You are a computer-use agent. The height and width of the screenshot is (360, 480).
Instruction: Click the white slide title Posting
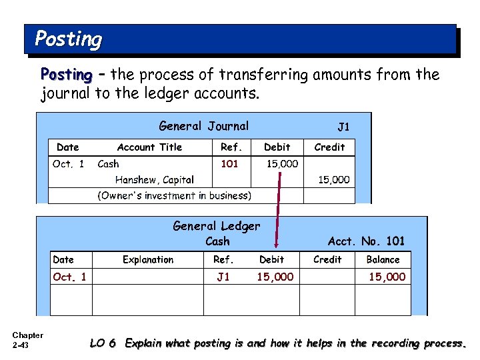[x=68, y=39]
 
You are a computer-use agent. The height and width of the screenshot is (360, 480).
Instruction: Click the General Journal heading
[x=203, y=126]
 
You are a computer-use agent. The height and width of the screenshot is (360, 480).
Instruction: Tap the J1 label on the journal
[x=343, y=127]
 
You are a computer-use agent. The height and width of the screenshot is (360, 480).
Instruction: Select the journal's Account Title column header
[x=149, y=147]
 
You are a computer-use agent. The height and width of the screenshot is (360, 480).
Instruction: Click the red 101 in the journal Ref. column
[x=229, y=163]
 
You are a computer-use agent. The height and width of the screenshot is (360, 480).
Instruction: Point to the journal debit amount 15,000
[x=282, y=163]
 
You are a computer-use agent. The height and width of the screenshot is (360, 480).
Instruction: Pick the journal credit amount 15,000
[x=333, y=179]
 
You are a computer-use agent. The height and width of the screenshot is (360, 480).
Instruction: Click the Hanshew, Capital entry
[x=154, y=179]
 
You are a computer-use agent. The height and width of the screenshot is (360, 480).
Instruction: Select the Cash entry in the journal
[x=108, y=163]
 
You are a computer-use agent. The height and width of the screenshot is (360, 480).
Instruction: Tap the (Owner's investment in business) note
[x=175, y=195]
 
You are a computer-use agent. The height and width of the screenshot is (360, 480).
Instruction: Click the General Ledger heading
[x=217, y=226]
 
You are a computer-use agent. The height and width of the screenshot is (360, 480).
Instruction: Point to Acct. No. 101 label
[x=366, y=241]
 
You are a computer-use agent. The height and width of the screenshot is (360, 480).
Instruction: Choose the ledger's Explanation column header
[x=148, y=259]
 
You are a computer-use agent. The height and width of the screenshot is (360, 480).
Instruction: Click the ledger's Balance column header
[x=383, y=259]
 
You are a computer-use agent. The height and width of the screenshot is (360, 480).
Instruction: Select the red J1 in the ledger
[x=223, y=277]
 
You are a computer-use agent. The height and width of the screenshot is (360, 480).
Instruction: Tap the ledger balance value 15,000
[x=387, y=277]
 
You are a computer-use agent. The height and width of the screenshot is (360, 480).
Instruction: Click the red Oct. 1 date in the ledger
[x=69, y=277]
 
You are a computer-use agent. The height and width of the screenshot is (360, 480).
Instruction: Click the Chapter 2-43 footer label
[x=27, y=340]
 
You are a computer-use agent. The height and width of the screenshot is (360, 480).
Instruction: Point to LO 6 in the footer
[x=103, y=343]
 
